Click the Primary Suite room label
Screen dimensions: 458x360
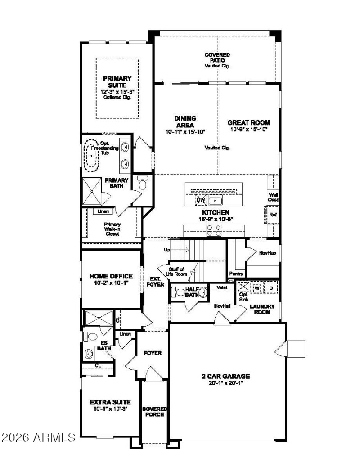(x=117, y=81)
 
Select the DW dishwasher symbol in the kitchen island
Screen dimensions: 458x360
(x=200, y=200)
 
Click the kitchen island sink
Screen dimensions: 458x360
(x=216, y=201)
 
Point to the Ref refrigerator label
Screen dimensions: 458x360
(x=273, y=215)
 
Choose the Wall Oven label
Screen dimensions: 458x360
(x=274, y=198)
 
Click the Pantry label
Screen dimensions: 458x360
(x=236, y=273)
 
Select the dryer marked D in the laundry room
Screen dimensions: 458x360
(x=271, y=287)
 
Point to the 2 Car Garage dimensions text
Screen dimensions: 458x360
(x=225, y=384)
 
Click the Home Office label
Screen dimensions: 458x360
(x=111, y=276)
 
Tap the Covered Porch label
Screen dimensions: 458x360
(x=154, y=411)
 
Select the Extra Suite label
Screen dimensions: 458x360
(x=110, y=402)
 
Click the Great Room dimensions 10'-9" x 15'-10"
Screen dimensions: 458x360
(x=248, y=130)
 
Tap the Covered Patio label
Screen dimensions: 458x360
(x=217, y=58)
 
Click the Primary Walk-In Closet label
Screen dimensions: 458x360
(x=112, y=229)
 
